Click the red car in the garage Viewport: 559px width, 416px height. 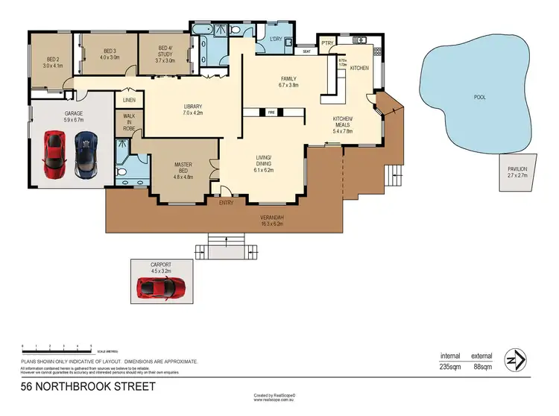54,153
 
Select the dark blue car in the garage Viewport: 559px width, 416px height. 86,154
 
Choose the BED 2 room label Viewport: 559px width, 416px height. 53,60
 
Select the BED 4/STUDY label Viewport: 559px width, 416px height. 165,54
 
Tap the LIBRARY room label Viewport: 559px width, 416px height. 193,106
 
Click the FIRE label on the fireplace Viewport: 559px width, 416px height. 272,113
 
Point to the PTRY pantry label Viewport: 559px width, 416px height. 327,43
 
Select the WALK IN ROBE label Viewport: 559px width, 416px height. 127,123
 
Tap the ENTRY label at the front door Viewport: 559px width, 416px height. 227,202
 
